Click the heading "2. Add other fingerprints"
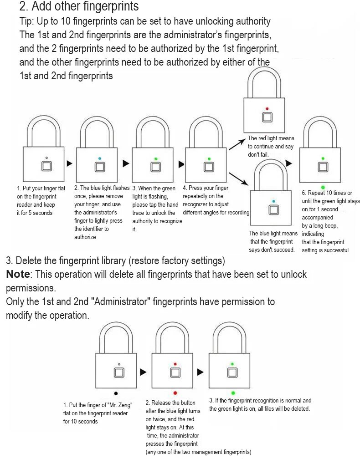(79, 7)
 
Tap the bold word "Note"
(18, 274)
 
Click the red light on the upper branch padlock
(267, 109)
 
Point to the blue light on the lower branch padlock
(273, 201)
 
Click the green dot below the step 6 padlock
(323, 187)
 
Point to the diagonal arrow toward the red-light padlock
(237, 144)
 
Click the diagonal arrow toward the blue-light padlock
(238, 178)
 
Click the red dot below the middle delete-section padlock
(175, 393)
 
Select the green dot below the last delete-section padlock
(233, 393)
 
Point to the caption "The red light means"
(271, 138)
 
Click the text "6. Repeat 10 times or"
(327, 193)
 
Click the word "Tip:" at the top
(26, 21)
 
